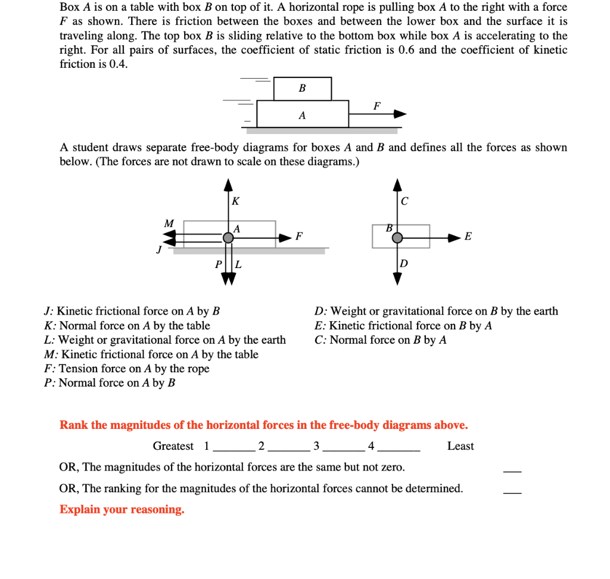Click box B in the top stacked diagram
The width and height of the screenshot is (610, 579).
pyautogui.click(x=302, y=89)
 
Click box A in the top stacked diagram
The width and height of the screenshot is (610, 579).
pyautogui.click(x=302, y=114)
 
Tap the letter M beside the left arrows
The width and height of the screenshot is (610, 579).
pyautogui.click(x=169, y=223)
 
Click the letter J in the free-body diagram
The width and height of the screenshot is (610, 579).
pyautogui.click(x=158, y=250)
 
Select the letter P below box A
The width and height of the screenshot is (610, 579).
pyautogui.click(x=219, y=264)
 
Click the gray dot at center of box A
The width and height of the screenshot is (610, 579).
pyautogui.click(x=228, y=238)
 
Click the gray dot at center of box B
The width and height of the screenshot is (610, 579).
pyautogui.click(x=397, y=238)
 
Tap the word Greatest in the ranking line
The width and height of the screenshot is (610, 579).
pyautogui.click(x=173, y=446)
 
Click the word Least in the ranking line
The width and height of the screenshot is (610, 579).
pyautogui.click(x=460, y=446)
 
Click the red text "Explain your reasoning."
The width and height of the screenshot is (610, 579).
pyautogui.click(x=122, y=510)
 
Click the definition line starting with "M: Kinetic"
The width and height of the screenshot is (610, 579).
pyautogui.click(x=151, y=354)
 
